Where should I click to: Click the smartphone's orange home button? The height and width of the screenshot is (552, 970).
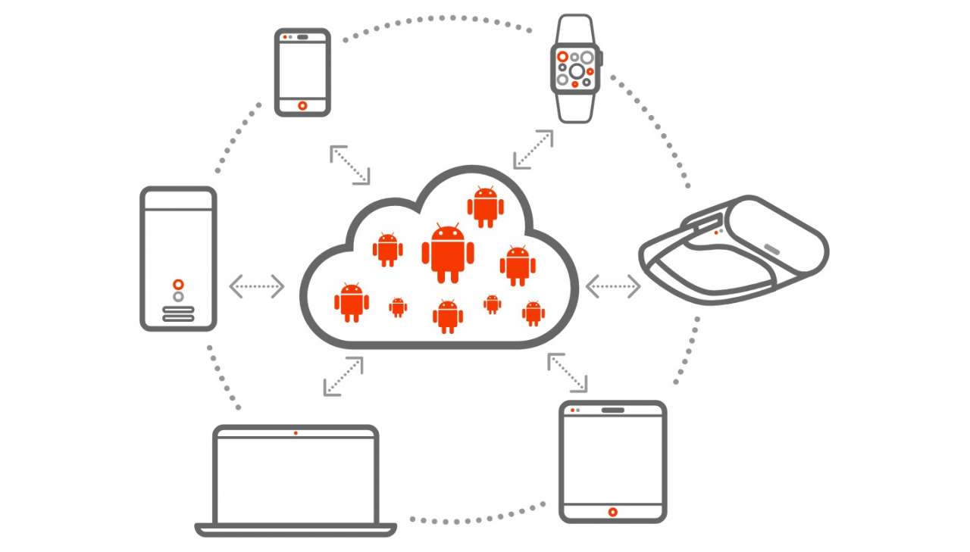coord(302,106)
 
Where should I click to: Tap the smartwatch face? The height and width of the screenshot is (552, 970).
coord(575,70)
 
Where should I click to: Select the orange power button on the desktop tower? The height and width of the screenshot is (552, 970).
coord(178,284)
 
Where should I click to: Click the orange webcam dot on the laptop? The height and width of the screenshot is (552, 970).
coord(296,433)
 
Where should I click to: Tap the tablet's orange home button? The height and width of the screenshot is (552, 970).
coord(612,512)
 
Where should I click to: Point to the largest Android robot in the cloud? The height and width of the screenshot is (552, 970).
coord(447,253)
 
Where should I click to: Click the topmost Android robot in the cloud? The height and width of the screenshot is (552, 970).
coord(486,205)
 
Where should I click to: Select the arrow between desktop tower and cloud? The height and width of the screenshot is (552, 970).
coord(257,286)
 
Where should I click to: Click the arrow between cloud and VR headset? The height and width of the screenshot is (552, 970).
coord(613,286)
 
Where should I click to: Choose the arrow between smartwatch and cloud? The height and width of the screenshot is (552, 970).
coord(533,149)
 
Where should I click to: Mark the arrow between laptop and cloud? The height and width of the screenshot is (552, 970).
coord(343,376)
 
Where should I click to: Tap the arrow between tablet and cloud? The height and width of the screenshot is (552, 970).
coord(567,372)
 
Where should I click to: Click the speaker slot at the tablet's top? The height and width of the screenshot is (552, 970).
coord(613,410)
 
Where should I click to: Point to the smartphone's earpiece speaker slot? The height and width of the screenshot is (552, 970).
coord(302,37)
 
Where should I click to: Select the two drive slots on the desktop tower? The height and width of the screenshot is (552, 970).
coord(178,313)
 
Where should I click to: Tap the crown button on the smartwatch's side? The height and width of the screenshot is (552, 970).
coord(602,58)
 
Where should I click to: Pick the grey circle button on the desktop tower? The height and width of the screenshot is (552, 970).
coord(178,297)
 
